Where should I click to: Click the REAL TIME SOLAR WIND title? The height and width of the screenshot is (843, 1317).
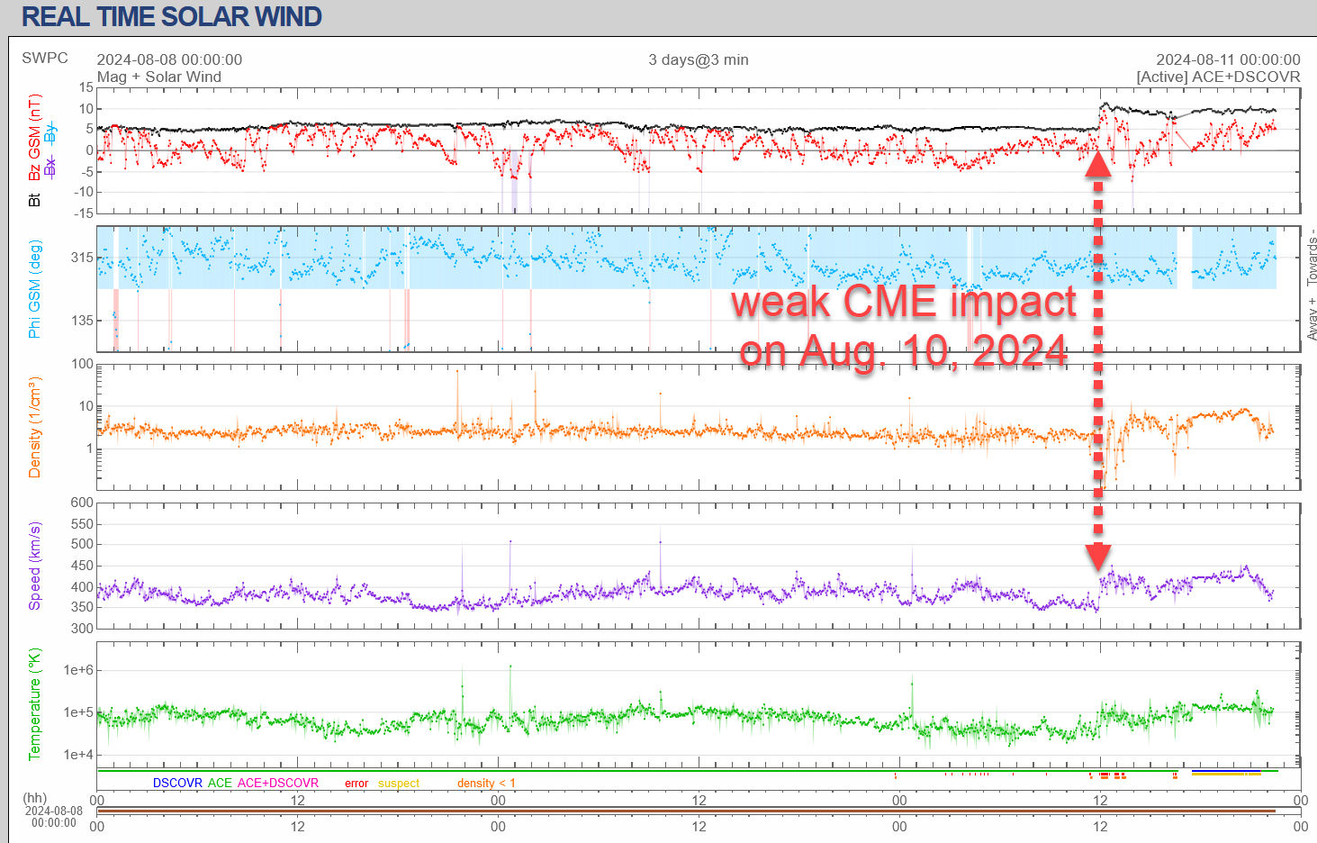click(171, 16)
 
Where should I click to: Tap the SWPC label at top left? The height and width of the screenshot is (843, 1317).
click(45, 59)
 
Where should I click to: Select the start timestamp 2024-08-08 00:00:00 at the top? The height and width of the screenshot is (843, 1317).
click(169, 59)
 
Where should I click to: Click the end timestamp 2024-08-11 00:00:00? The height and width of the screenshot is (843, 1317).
click(1228, 59)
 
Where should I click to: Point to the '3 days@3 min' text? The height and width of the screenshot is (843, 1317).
click(699, 59)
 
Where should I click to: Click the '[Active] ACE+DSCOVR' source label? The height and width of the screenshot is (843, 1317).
click(1218, 77)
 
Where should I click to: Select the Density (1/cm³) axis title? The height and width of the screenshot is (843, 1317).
click(34, 427)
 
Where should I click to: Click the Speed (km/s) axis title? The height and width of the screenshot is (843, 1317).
click(34, 566)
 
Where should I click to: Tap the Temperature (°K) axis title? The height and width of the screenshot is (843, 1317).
click(34, 704)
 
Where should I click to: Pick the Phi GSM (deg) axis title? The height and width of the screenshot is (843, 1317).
click(34, 288)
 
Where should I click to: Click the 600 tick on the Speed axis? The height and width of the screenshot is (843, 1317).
click(82, 503)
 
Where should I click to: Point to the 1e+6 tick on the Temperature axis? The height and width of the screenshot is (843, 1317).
click(77, 670)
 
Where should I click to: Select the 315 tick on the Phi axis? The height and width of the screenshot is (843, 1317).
click(82, 258)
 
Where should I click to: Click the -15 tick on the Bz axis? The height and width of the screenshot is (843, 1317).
click(82, 213)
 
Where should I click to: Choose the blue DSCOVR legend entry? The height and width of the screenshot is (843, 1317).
click(177, 783)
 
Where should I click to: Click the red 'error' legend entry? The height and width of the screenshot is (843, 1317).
click(356, 784)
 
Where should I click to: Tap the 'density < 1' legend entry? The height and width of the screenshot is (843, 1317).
click(486, 784)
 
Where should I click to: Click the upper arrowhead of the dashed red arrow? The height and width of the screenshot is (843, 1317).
click(1098, 165)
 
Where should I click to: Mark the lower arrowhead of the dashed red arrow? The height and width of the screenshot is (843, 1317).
click(1098, 557)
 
